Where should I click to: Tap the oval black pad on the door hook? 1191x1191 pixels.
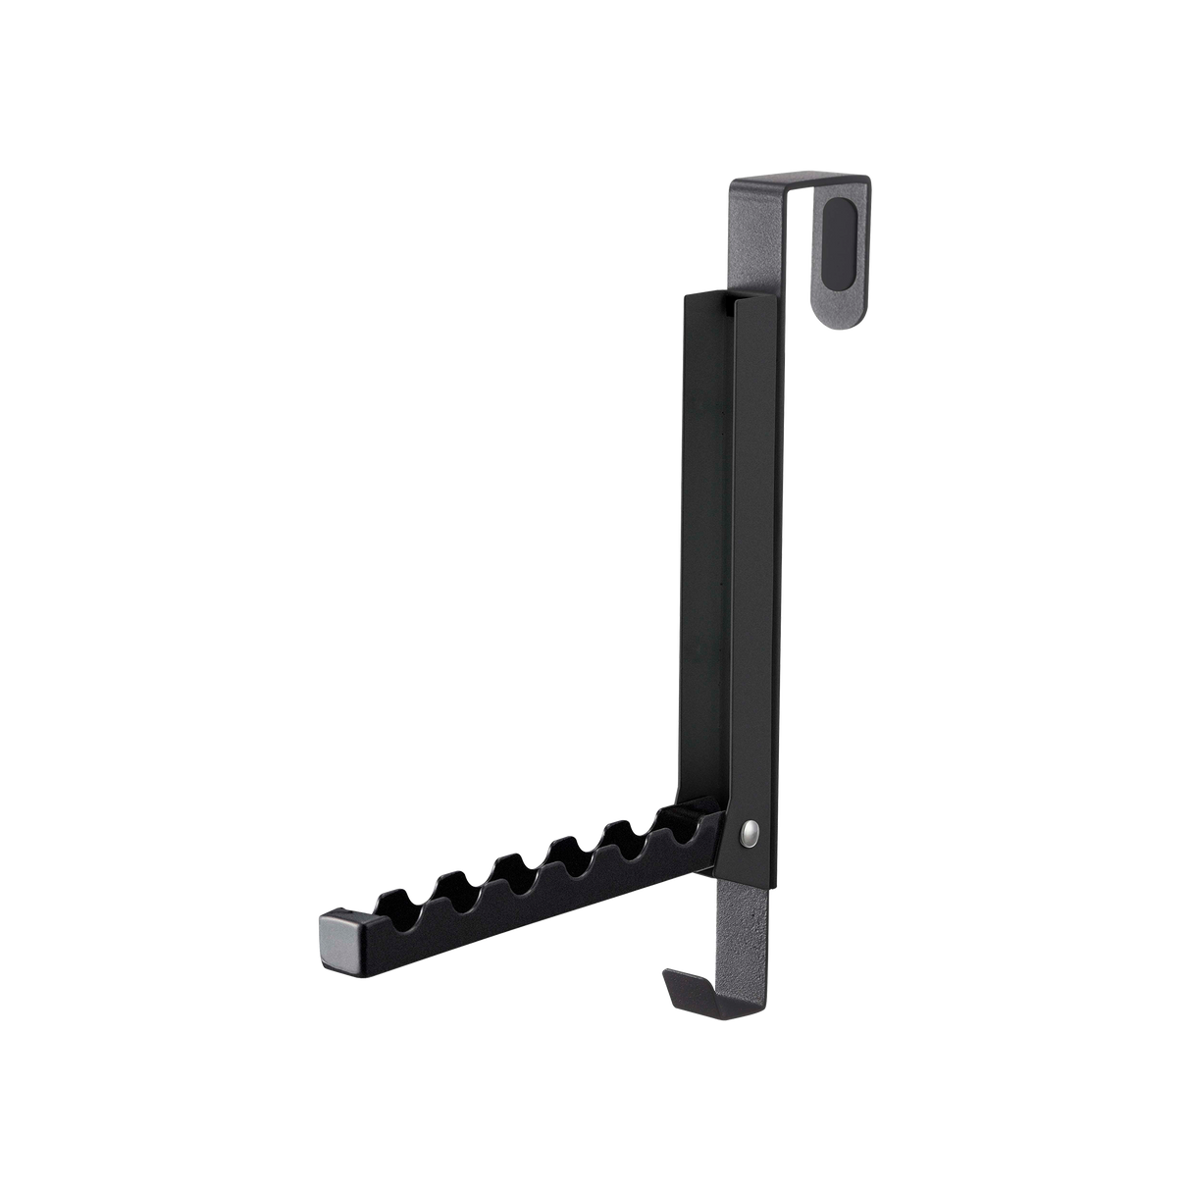coord(836,231)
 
